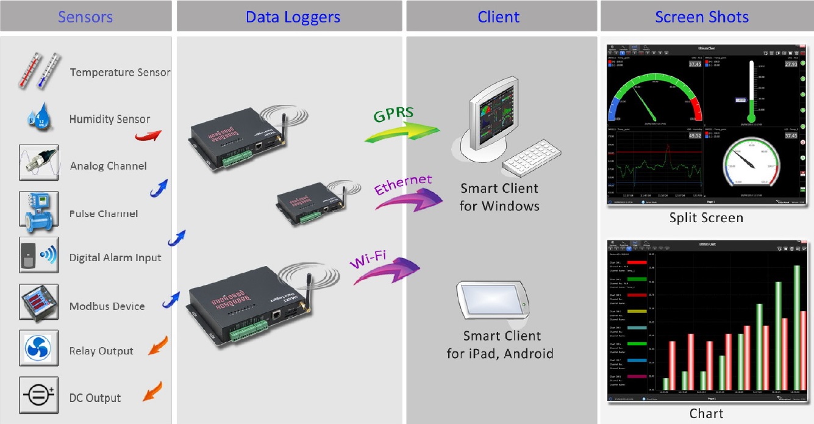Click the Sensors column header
pyautogui.click(x=85, y=16)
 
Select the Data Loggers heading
pyautogui.click(x=293, y=16)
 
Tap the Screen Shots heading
pyautogui.click(x=701, y=16)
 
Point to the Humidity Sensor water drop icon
pyautogui.click(x=38, y=117)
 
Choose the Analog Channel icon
pyautogui.click(x=38, y=162)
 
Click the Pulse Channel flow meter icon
pyautogui.click(x=38, y=209)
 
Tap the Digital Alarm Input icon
pyautogui.click(x=38, y=255)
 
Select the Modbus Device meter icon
pyautogui.click(x=38, y=302)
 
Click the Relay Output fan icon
pyautogui.click(x=38, y=348)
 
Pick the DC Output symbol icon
pyautogui.click(x=38, y=395)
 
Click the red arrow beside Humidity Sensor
pyautogui.click(x=148, y=134)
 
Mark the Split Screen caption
pyautogui.click(x=706, y=218)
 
